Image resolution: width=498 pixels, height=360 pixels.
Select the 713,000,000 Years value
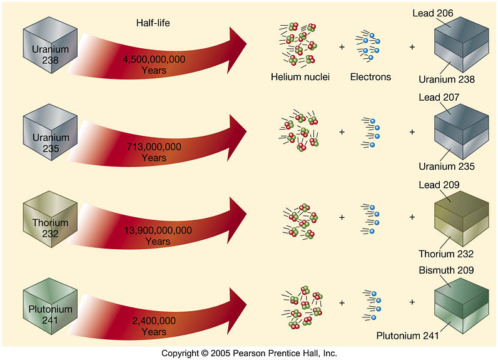pyautogui.click(x=153, y=152)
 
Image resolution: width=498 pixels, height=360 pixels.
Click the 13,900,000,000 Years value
pyautogui.click(x=158, y=235)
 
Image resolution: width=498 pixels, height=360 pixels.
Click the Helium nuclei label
pyautogui.click(x=300, y=78)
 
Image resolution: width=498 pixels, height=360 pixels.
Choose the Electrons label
pyautogui.click(x=370, y=78)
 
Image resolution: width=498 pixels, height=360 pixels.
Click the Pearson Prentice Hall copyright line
pyautogui.click(x=249, y=353)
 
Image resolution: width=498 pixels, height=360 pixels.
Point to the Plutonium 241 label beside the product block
pyautogui.click(x=407, y=335)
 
